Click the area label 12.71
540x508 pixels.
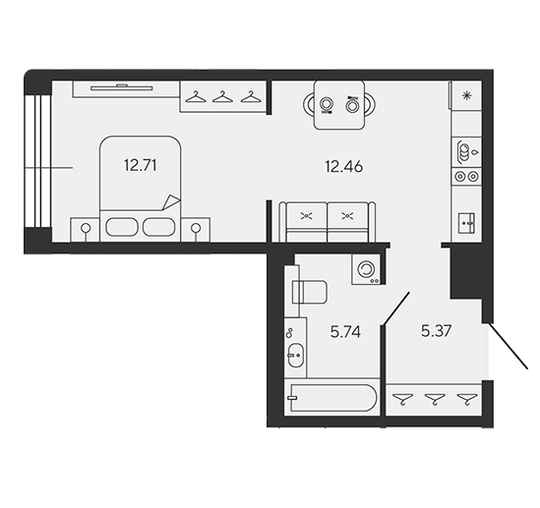(x=141, y=165)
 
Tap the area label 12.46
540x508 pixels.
(x=343, y=167)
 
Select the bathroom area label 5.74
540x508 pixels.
(x=345, y=332)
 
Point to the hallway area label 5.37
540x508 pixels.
(x=436, y=331)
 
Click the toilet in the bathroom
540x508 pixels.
(x=309, y=292)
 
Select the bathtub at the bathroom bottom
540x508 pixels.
(x=333, y=398)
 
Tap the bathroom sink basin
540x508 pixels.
(x=296, y=355)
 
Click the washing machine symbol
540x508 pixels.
(x=366, y=269)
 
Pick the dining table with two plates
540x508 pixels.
(x=339, y=104)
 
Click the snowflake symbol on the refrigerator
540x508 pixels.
(x=466, y=95)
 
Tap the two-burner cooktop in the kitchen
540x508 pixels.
(x=467, y=177)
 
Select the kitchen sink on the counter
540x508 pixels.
(x=466, y=223)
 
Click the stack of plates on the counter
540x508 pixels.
(x=463, y=151)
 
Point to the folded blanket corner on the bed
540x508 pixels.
(x=171, y=202)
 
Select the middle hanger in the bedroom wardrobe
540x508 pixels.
(x=222, y=97)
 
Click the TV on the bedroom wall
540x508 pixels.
(x=122, y=87)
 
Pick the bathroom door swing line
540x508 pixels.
(x=396, y=309)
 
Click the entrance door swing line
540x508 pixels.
(x=508, y=346)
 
